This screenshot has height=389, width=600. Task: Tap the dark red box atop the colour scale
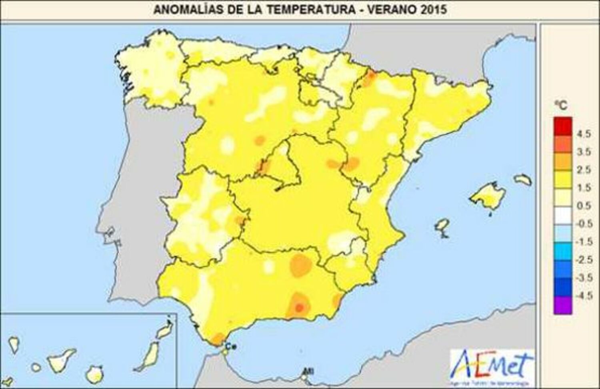(563, 126)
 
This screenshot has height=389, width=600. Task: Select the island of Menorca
(523, 180)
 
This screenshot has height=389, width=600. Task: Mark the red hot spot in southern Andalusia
(299, 307)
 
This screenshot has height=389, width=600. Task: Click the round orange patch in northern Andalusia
(300, 264)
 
